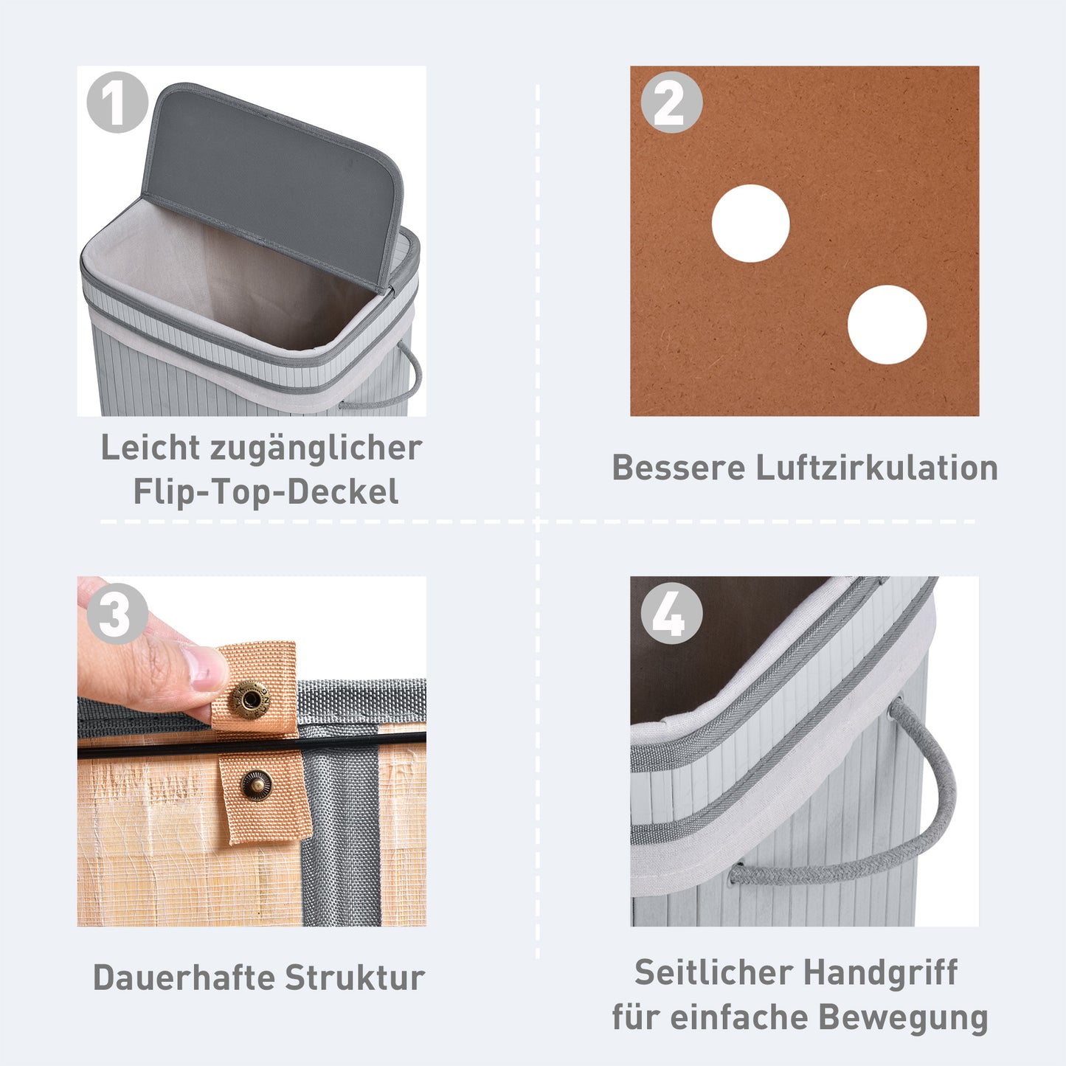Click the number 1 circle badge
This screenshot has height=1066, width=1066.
tap(117, 103)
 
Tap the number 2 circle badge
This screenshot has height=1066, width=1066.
tap(671, 103)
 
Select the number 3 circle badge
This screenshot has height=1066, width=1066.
tap(117, 614)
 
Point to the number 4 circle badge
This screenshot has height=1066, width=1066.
tap(671, 614)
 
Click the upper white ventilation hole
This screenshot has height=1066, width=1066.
tap(750, 224)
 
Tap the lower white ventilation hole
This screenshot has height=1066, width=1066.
tap(887, 325)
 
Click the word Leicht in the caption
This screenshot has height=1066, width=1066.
tap(150, 448)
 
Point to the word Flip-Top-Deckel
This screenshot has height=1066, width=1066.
tap(266, 492)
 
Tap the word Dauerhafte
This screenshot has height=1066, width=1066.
tap(184, 977)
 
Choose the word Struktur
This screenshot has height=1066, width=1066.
tap(355, 977)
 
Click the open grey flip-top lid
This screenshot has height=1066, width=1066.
tap(273, 177)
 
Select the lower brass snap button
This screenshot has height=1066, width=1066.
tap(257, 784)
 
